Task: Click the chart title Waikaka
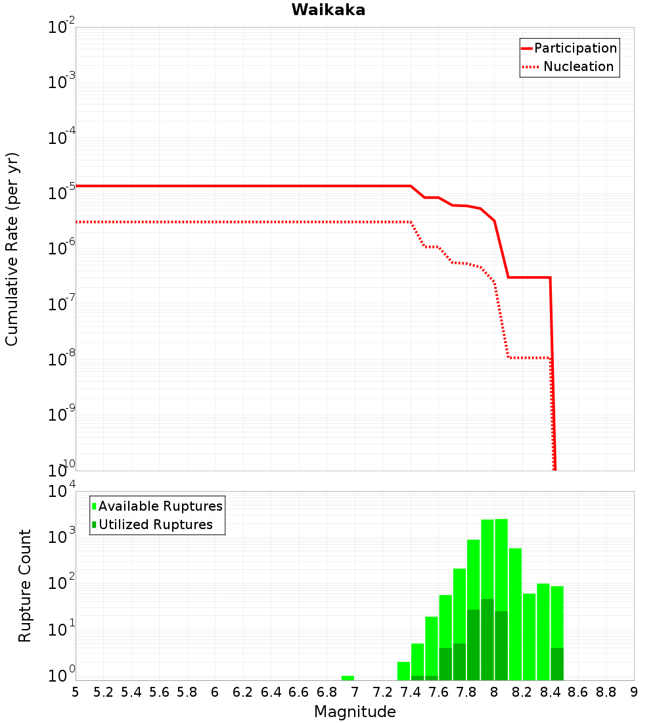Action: pyautogui.click(x=328, y=10)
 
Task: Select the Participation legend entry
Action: pyautogui.click(x=575, y=48)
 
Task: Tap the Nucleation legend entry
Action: pyautogui.click(x=578, y=66)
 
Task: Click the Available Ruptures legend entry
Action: pyautogui.click(x=160, y=506)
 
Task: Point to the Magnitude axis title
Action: pyautogui.click(x=355, y=712)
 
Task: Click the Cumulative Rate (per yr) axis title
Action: pyautogui.click(x=12, y=248)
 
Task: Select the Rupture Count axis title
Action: pyautogui.click(x=25, y=586)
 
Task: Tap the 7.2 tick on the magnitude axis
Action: pyautogui.click(x=382, y=692)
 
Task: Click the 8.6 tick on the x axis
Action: pyautogui.click(x=578, y=692)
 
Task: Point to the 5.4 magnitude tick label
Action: pyautogui.click(x=131, y=692)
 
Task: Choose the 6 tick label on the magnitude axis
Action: pyautogui.click(x=215, y=692)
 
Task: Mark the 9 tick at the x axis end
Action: pyautogui.click(x=634, y=692)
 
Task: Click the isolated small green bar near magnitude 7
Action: pyautogui.click(x=348, y=678)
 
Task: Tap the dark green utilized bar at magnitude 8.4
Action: pyautogui.click(x=557, y=664)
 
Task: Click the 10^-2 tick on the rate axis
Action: pyautogui.click(x=62, y=28)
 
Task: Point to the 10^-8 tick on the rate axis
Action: pyautogui.click(x=62, y=360)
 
